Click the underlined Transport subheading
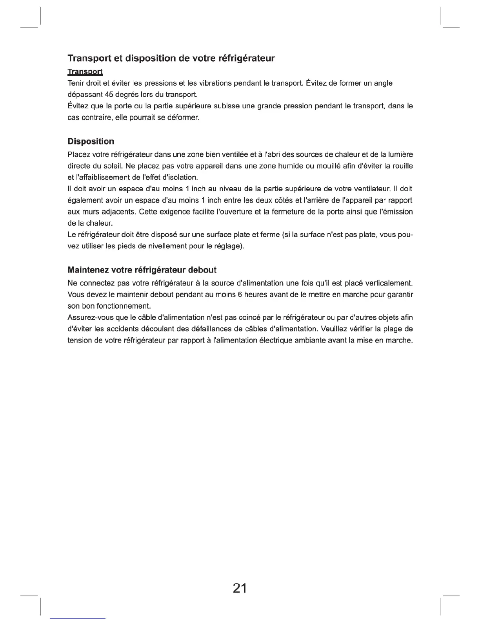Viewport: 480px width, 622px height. coord(85,72)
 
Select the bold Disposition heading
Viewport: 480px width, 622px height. coord(91,141)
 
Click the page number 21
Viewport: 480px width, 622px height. coord(240,588)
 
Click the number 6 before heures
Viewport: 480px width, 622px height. coord(239,295)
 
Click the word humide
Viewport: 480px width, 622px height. coord(281,166)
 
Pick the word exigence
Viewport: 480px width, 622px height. coord(180,212)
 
